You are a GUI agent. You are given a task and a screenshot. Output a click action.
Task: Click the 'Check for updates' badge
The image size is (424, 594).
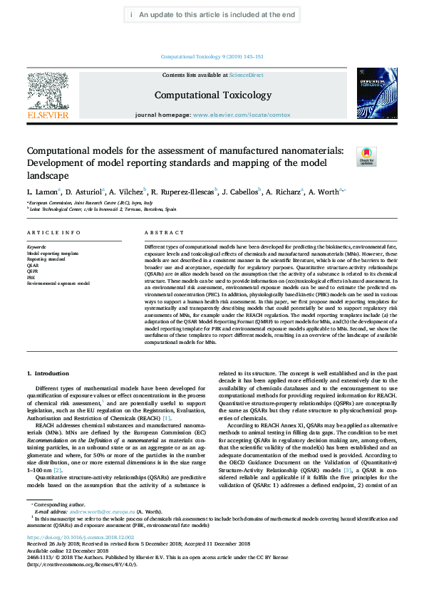pos(366,156)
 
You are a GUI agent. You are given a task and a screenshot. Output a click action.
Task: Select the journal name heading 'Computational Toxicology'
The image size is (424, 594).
pos(213,95)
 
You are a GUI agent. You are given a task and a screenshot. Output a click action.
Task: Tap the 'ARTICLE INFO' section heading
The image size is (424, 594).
pos(49,233)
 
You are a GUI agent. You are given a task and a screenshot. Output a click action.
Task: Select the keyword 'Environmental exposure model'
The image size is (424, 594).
pos(58,283)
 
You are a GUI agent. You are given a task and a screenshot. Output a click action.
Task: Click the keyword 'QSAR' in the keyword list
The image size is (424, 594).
pos(33,264)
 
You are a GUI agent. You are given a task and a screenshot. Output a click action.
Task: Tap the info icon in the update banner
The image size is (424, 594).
pos(132,14)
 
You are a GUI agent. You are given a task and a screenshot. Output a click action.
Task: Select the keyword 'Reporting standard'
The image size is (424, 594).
pos(46,259)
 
